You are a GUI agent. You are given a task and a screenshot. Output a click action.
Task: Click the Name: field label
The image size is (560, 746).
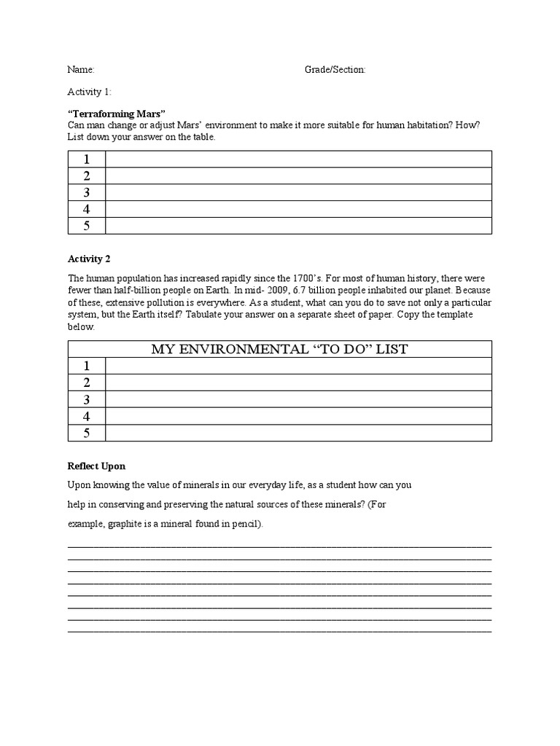pyautogui.click(x=81, y=70)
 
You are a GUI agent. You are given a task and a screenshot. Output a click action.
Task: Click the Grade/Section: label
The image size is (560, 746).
pyautogui.click(x=335, y=70)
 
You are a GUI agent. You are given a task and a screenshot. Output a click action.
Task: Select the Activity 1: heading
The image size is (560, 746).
pyautogui.click(x=90, y=92)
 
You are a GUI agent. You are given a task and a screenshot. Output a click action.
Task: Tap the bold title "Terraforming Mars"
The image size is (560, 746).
pyautogui.click(x=117, y=114)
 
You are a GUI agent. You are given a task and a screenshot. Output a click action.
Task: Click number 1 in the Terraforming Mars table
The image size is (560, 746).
pyautogui.click(x=87, y=160)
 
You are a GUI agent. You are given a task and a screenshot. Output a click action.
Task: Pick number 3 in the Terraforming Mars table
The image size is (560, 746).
pyautogui.click(x=87, y=192)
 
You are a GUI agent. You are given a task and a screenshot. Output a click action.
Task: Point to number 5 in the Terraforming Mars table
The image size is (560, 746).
pyautogui.click(x=87, y=226)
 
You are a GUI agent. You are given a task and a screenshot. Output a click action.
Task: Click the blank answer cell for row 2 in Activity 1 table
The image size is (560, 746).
pyautogui.click(x=298, y=176)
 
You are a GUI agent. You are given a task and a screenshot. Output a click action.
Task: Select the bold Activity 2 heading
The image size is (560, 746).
pyautogui.click(x=89, y=259)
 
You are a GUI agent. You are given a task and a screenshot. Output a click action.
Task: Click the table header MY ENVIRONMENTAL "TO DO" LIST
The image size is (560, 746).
pyautogui.click(x=279, y=349)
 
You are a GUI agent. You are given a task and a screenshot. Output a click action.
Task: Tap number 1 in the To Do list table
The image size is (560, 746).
pyautogui.click(x=87, y=366)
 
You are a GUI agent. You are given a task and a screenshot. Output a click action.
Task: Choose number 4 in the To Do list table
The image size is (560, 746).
pyautogui.click(x=87, y=417)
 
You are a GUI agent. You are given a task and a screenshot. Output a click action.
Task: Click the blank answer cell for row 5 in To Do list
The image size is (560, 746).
pyautogui.click(x=298, y=433)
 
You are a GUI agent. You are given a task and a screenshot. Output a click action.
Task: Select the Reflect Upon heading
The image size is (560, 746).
pyautogui.click(x=96, y=466)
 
